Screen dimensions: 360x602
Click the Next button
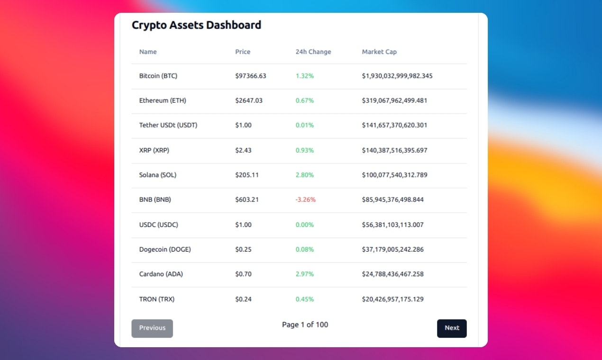(x=452, y=328)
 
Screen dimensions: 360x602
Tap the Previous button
(x=152, y=328)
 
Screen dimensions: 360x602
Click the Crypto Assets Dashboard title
(x=196, y=25)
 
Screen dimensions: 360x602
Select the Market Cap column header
(x=379, y=52)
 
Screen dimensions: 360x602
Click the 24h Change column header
(x=313, y=52)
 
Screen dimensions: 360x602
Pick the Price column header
(x=243, y=52)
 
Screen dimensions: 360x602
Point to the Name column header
(x=148, y=52)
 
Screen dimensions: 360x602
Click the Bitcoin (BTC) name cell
(x=158, y=76)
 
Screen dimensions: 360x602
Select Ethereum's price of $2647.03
(x=249, y=100)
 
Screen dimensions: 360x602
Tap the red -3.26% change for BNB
(x=305, y=200)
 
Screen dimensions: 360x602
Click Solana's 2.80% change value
(x=305, y=175)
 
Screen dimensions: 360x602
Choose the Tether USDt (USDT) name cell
(x=168, y=126)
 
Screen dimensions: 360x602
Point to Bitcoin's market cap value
(x=397, y=76)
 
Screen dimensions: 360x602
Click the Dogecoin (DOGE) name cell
(x=165, y=250)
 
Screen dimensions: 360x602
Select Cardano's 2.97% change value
(x=305, y=274)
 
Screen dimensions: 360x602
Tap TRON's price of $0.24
(x=243, y=299)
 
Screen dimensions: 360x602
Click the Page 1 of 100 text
(x=305, y=325)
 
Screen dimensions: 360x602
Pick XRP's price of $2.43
(x=243, y=150)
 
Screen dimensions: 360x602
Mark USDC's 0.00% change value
(x=305, y=225)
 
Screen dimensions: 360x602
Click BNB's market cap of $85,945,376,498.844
(x=393, y=200)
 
